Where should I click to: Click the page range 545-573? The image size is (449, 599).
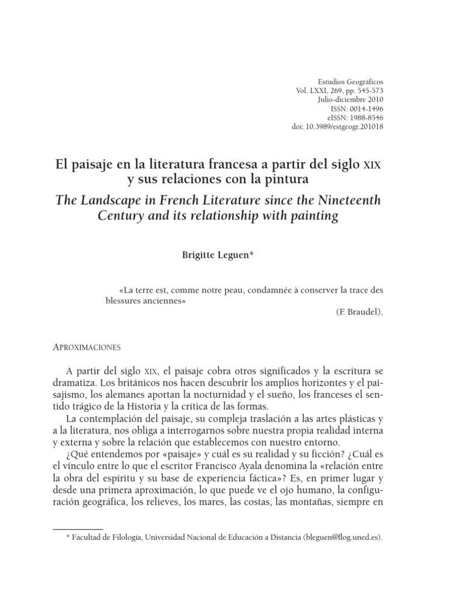[x=366, y=91]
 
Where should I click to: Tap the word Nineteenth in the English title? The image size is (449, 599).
[x=350, y=201]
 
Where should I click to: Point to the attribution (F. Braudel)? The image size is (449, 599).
[x=360, y=312]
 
